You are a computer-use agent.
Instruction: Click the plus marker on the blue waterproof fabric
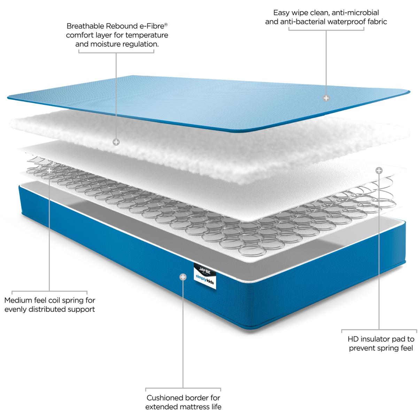(x=326, y=98)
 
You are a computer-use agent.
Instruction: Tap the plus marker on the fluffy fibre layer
(x=116, y=142)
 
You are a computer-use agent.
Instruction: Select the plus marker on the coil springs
(x=49, y=171)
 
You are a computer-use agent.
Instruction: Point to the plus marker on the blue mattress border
(x=183, y=277)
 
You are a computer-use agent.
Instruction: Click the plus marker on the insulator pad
(x=379, y=170)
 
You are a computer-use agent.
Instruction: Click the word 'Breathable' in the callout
(x=86, y=26)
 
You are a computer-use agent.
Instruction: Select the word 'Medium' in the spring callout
(x=18, y=300)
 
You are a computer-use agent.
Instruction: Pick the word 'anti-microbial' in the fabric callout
(x=355, y=13)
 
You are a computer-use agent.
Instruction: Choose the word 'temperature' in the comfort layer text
(x=147, y=36)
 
